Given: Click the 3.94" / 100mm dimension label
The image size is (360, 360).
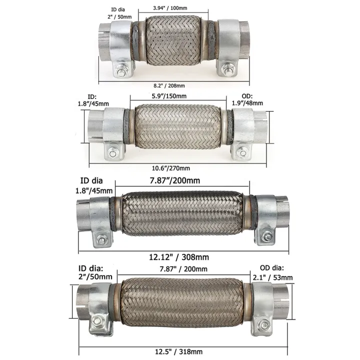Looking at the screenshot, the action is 170,8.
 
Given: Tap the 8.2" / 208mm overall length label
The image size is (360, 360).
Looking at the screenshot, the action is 169,85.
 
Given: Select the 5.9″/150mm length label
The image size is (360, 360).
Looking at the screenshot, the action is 169,96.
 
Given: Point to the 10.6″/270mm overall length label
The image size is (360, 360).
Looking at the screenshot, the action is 171,168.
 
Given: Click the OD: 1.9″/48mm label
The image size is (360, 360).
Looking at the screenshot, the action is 247,99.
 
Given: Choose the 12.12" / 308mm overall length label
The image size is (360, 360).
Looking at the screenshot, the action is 179,257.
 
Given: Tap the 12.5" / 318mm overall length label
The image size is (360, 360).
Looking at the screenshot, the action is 178,351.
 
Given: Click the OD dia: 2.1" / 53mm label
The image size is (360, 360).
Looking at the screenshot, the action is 273,272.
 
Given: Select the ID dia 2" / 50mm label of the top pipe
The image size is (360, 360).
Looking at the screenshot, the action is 119,13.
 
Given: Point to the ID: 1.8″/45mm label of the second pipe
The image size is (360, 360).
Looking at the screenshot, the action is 93,100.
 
